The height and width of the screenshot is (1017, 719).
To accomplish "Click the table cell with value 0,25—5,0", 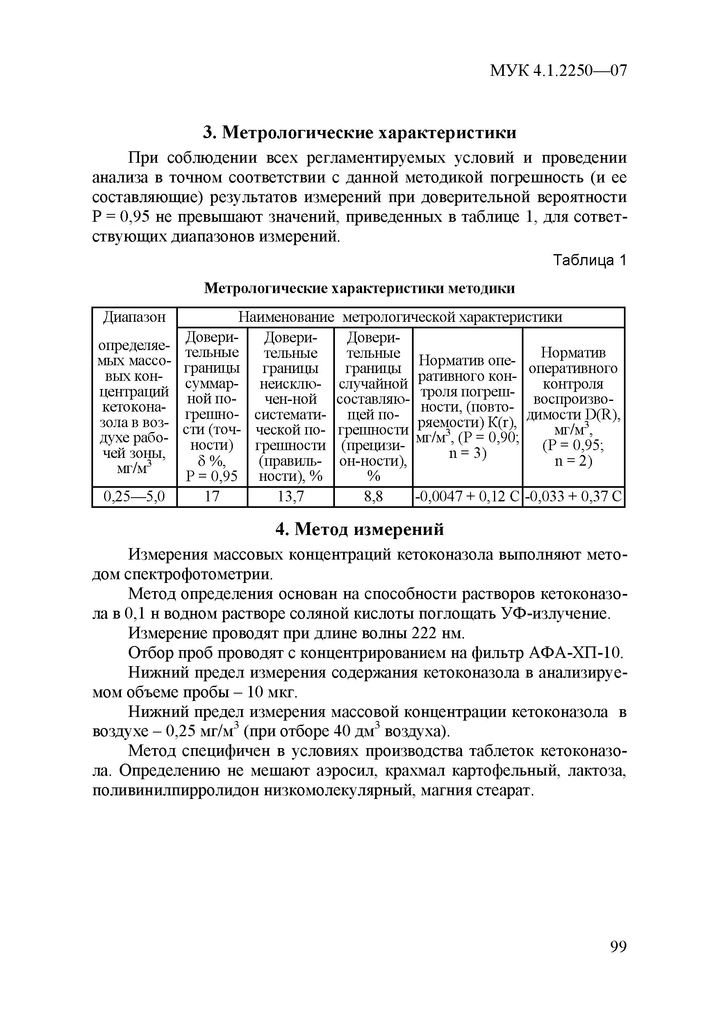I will click(134, 496).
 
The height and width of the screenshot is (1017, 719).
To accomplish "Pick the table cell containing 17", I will click(212, 496).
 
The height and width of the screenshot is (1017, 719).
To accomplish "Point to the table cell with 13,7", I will click(290, 496).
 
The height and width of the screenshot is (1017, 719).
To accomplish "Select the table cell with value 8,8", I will click(373, 496).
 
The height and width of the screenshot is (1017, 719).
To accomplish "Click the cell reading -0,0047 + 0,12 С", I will click(467, 496).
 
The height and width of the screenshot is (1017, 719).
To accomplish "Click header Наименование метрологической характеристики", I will click(400, 317).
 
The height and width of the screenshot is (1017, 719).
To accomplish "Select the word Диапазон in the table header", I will click(134, 317).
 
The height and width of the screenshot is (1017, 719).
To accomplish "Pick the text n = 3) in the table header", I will click(467, 454).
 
